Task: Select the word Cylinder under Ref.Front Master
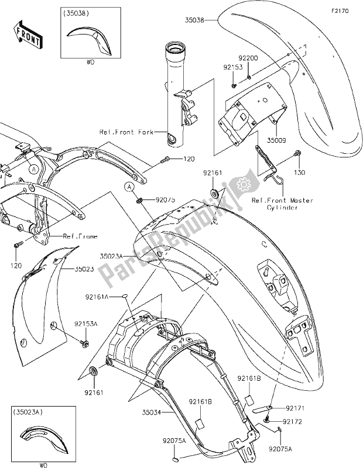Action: (283, 208)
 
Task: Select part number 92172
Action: (294, 421)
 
